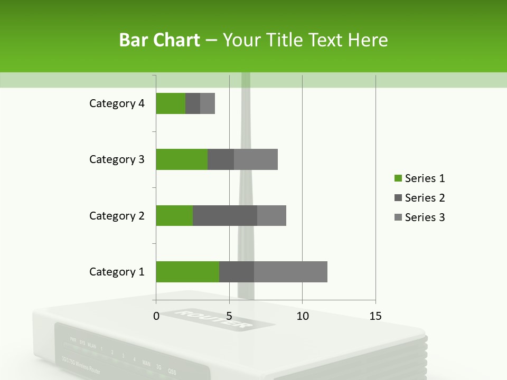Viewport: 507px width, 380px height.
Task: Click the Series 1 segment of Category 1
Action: [x=187, y=272]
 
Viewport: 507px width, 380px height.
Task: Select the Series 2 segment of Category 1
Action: [x=237, y=272]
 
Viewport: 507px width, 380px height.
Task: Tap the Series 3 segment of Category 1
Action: [x=290, y=272]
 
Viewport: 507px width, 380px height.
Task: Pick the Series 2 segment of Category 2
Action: [x=225, y=215]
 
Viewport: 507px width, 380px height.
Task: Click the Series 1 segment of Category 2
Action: [x=174, y=215]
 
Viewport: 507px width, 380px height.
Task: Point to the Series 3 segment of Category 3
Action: [x=256, y=159]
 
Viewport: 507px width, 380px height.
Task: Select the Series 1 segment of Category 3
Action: [x=182, y=159]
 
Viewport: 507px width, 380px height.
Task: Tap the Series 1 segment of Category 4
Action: [x=171, y=103]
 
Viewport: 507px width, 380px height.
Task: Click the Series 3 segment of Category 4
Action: [x=208, y=103]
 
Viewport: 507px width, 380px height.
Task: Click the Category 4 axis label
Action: [x=117, y=103]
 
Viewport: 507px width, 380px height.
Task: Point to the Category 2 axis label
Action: [x=117, y=215]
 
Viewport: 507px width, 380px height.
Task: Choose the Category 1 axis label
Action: [x=117, y=272]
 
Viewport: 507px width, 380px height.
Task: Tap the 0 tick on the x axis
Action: [x=156, y=316]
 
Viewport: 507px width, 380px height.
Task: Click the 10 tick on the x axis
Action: [x=302, y=316]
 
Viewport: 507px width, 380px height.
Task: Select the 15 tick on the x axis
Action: [x=375, y=316]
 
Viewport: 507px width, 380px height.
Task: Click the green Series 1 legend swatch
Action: [x=398, y=178]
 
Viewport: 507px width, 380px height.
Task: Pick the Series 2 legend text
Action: [x=425, y=198]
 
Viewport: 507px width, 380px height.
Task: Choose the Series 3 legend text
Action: [x=425, y=217]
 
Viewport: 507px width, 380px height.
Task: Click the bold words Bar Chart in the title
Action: [x=159, y=40]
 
